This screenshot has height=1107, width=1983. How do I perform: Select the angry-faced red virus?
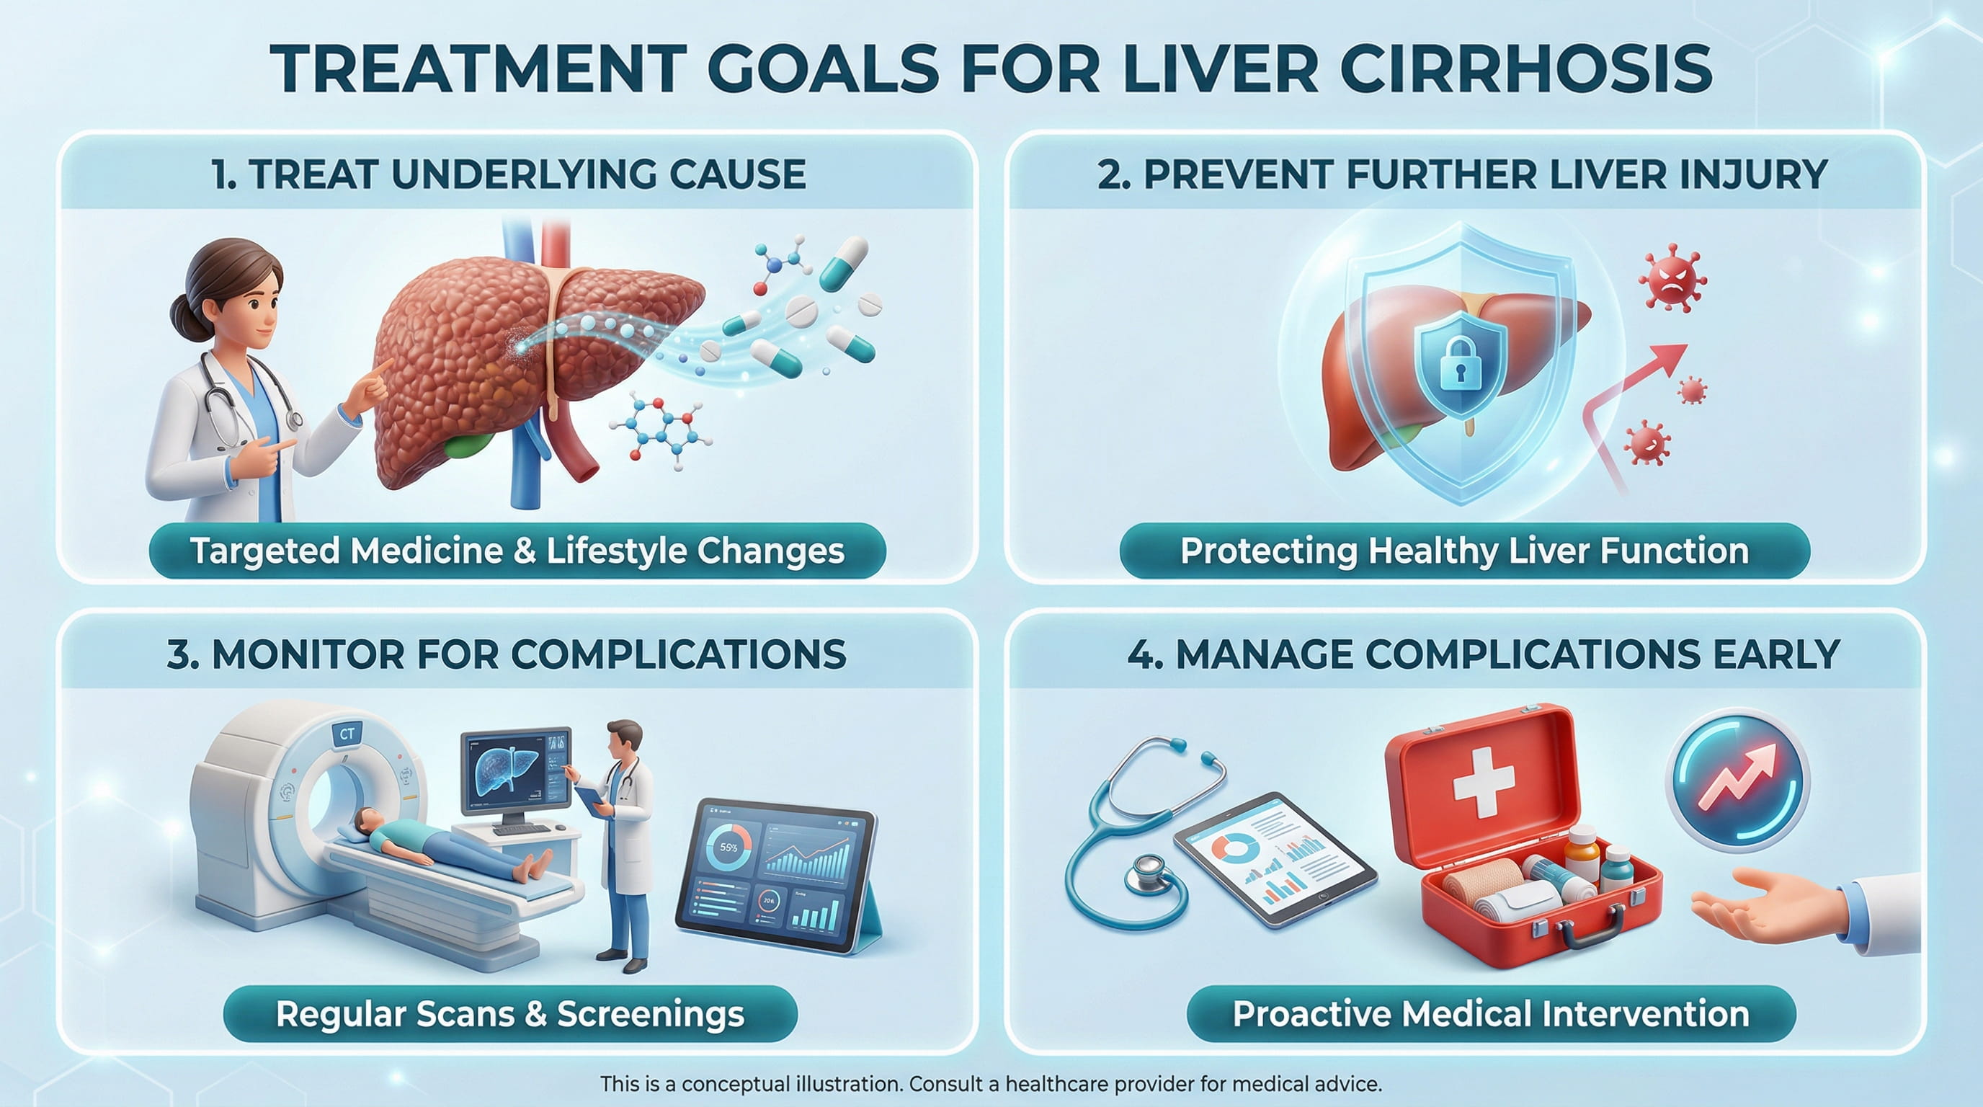coord(1671,278)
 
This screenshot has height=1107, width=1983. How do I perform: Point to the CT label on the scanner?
coord(347,734)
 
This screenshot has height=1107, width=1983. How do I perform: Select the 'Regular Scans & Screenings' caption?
coord(509,1014)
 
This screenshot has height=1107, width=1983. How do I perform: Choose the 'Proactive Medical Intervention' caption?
coord(1490,1014)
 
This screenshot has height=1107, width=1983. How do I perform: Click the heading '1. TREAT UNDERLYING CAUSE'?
coord(508,174)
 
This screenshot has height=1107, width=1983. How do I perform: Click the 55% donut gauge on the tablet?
coord(728,848)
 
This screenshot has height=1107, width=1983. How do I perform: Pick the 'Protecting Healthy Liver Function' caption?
coord(1464,551)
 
